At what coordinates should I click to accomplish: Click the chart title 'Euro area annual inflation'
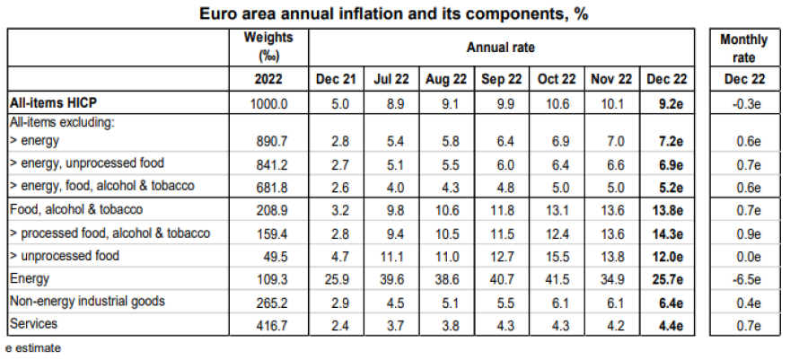point(395,13)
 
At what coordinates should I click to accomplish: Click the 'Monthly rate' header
point(743,46)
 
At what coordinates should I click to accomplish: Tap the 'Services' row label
point(33,324)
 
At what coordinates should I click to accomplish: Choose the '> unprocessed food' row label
point(65,257)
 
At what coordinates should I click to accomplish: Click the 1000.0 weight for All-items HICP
point(268,102)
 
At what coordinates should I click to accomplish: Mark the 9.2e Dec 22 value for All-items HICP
point(665,102)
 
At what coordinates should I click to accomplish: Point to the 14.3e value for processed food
point(665,233)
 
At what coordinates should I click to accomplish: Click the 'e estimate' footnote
point(33,348)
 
